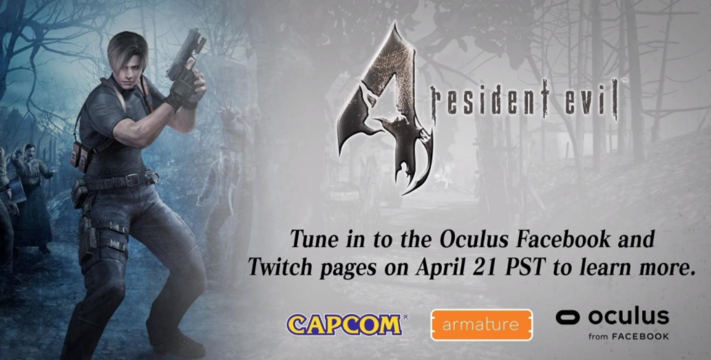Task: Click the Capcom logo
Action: [x=345, y=325]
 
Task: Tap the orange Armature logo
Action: [x=482, y=325]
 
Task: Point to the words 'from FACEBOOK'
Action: [x=629, y=337]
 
